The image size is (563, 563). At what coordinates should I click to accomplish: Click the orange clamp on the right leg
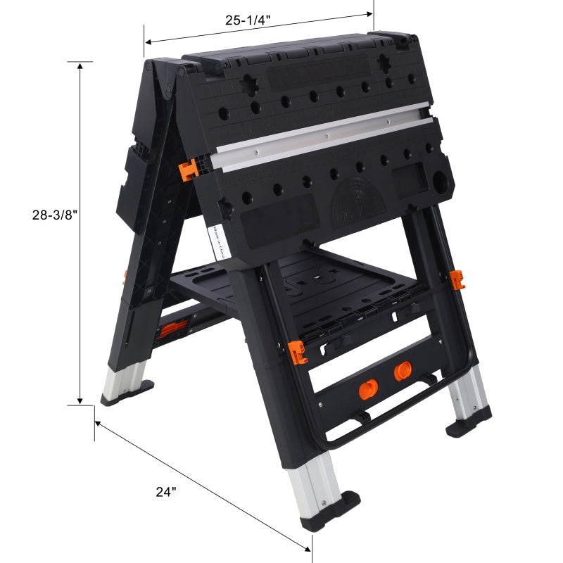coord(458,279)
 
